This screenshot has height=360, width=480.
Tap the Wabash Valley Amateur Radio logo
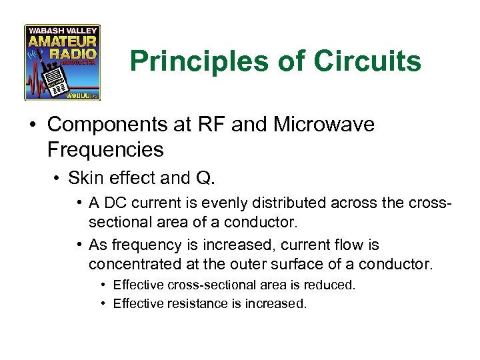click(x=62, y=63)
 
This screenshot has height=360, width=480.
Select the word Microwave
click(x=330, y=125)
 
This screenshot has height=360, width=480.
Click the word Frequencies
click(x=105, y=149)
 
